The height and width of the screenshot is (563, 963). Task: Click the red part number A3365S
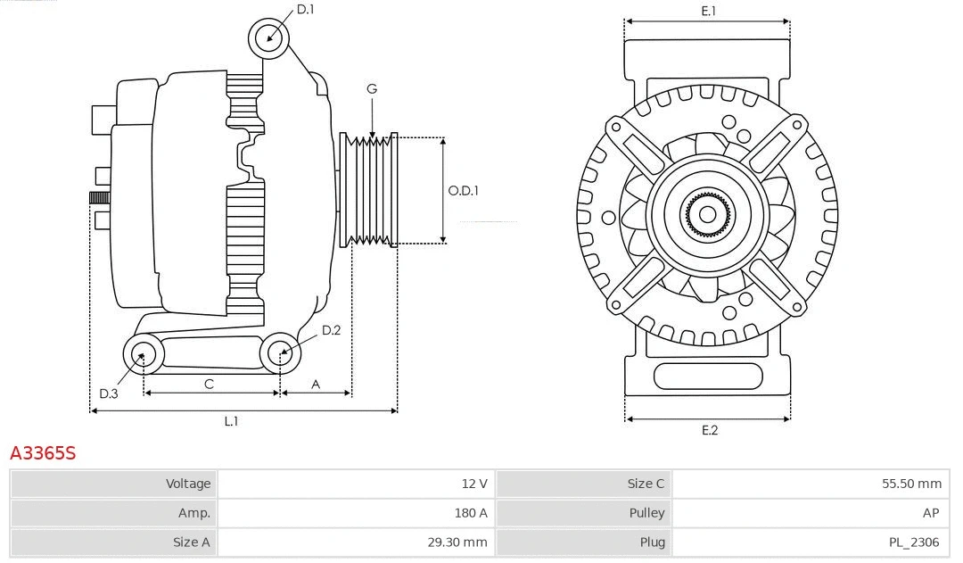click(x=43, y=453)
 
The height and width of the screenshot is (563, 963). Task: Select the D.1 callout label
click(x=305, y=9)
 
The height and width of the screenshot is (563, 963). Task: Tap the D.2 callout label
click(x=331, y=330)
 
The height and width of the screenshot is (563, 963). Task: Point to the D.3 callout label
click(x=109, y=393)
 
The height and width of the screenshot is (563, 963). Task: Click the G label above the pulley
click(x=372, y=88)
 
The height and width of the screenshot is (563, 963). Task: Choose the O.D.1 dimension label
click(x=464, y=190)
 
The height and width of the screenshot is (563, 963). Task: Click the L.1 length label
click(x=231, y=421)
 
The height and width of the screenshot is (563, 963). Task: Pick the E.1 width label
click(x=709, y=11)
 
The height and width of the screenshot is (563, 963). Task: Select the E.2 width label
click(x=709, y=430)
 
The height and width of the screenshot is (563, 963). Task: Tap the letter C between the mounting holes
click(x=209, y=384)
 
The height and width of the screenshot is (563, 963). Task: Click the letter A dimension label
click(x=316, y=384)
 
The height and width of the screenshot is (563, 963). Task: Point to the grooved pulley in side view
click(x=369, y=190)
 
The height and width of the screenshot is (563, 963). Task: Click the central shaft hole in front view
click(x=707, y=214)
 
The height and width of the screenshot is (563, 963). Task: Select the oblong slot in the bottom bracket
click(x=708, y=377)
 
